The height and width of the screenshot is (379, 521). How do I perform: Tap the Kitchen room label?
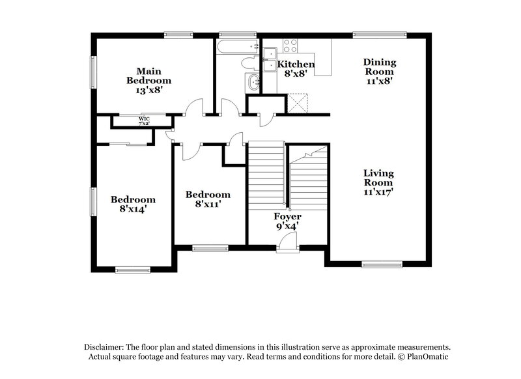[x=296, y=64]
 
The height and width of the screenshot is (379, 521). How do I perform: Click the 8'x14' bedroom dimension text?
[x=133, y=210]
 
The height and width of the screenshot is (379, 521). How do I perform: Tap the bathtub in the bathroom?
[x=237, y=48]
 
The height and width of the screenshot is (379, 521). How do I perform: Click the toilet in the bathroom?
[x=249, y=64]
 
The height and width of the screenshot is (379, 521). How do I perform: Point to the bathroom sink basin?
[x=253, y=82]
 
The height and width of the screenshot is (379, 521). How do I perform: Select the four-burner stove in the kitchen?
[x=289, y=46]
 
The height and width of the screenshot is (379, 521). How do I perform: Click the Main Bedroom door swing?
[x=193, y=108]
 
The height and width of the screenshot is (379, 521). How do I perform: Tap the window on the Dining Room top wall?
[x=379, y=35]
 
